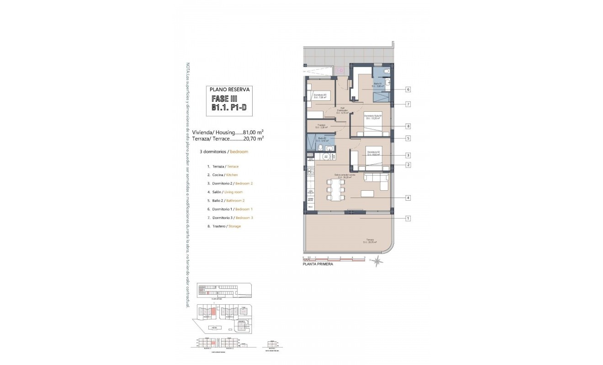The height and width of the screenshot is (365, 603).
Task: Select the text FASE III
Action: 224,99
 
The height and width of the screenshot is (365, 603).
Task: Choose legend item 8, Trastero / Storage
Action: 223,226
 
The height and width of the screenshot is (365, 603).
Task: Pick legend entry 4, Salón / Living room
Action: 225,192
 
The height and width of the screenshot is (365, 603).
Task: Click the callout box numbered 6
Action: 408,89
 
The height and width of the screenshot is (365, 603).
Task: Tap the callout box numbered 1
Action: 408,218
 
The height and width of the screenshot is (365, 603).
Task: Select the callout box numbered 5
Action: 408,138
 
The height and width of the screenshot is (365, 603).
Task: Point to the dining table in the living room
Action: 336,189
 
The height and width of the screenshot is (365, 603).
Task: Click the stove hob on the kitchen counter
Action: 311,172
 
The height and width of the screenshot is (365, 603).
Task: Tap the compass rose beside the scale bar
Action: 377,261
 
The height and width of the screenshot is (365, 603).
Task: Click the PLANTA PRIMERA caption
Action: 317,264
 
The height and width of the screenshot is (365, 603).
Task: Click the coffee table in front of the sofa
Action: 368,193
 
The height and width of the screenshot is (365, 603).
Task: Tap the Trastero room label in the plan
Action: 322,126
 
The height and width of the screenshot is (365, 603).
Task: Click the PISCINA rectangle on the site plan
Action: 213,328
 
